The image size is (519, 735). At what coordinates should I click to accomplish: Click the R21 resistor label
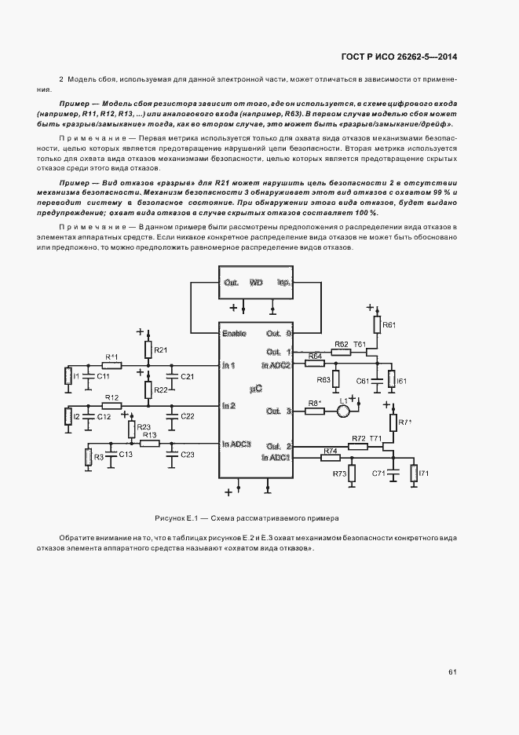point(161,349)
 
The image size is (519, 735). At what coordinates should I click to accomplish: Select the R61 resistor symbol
point(377,324)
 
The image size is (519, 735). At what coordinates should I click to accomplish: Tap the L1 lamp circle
point(342,411)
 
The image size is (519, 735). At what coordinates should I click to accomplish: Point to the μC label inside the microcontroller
point(255,388)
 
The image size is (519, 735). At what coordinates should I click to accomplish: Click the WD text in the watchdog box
point(256,283)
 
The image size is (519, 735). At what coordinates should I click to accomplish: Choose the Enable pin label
point(234,334)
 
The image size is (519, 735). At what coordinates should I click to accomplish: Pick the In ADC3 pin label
point(236,444)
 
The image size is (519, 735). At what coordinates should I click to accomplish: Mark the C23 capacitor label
point(188,455)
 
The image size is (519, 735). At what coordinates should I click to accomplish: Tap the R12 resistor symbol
point(111,406)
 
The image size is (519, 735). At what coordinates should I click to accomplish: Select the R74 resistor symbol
point(330,458)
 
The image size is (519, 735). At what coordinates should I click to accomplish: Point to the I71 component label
point(424,474)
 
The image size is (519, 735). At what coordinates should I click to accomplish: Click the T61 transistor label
point(360,344)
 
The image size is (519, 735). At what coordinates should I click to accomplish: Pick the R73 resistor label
point(339,474)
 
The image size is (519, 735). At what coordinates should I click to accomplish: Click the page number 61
point(453,671)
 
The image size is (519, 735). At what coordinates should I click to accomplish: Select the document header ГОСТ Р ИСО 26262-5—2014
point(400,57)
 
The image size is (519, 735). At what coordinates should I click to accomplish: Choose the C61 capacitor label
point(363,381)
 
